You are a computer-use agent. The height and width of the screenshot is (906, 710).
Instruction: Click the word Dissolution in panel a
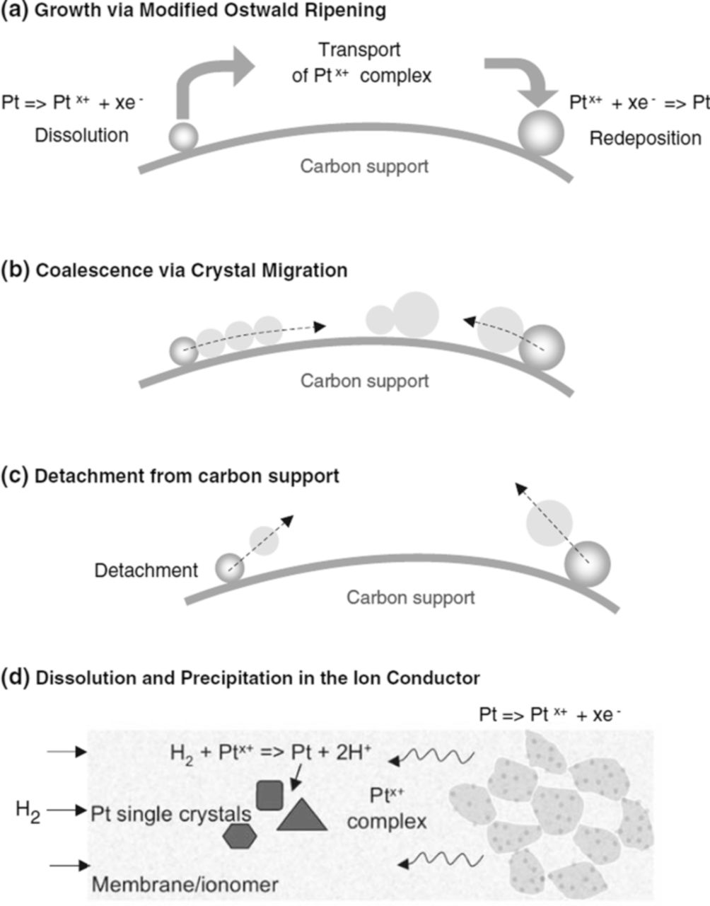82,134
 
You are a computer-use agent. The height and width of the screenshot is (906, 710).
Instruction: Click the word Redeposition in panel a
645,137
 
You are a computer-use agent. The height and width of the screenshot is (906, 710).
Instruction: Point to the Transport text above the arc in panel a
359,50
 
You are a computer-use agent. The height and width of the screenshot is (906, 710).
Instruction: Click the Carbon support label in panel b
364,380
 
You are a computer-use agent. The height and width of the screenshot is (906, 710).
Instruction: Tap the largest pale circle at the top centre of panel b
416,314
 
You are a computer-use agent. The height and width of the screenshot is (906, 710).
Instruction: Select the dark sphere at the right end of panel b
542,348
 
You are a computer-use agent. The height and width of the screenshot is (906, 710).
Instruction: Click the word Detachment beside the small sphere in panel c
146,570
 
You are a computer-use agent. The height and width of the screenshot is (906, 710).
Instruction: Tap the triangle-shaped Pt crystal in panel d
302,815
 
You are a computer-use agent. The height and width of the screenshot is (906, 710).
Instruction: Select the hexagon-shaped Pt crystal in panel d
238,835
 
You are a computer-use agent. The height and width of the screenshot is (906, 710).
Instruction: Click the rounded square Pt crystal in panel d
269,795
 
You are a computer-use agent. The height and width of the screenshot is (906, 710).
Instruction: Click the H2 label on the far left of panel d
28,810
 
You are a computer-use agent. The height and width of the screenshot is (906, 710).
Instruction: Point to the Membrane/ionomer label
185,884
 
